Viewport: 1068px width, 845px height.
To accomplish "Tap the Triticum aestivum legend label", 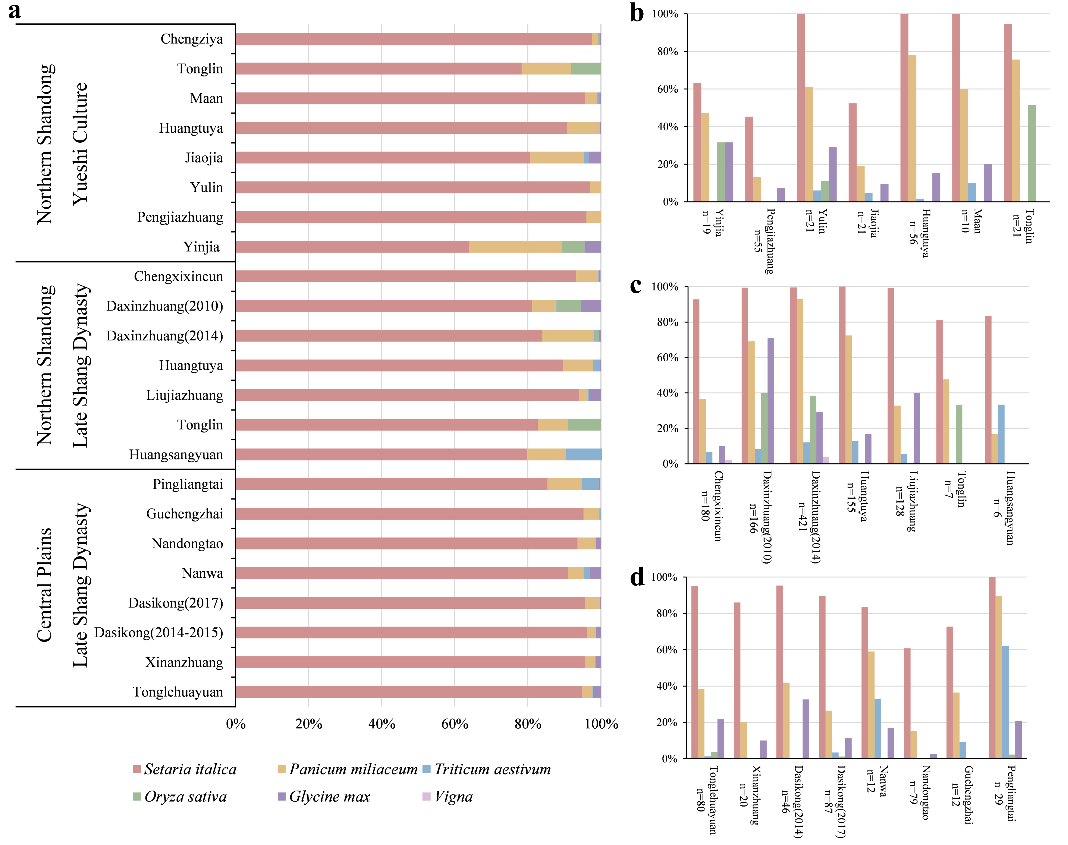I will (492, 769).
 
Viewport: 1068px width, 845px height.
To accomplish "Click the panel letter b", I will (637, 13).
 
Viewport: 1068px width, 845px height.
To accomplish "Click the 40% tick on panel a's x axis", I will (381, 724).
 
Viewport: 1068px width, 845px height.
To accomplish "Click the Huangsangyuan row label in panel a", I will (176, 454).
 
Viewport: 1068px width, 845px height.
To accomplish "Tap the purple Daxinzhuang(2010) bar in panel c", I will (771, 401).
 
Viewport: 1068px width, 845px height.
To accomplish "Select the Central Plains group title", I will (45, 585).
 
